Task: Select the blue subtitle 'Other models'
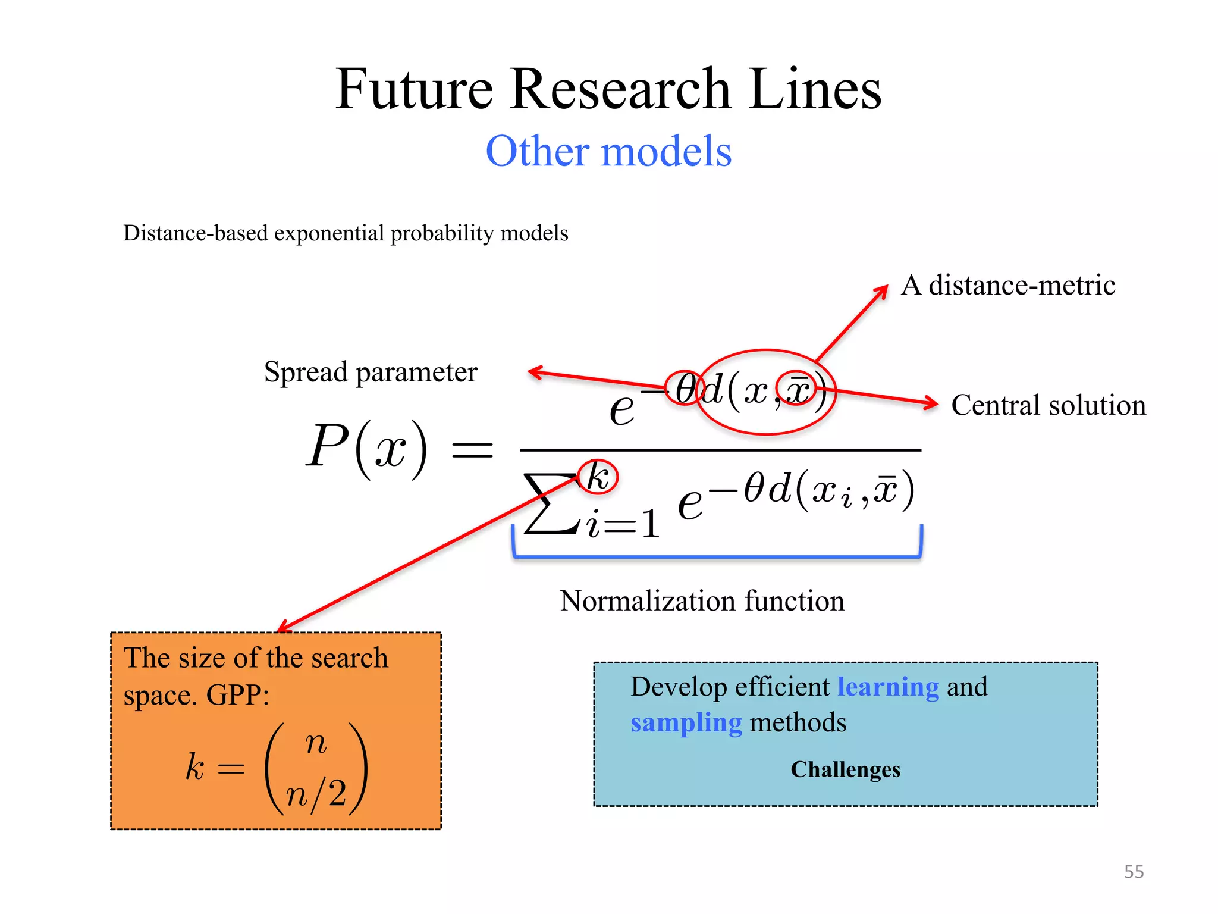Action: click(x=608, y=151)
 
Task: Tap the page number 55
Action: click(x=1134, y=872)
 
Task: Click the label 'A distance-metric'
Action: click(x=1008, y=285)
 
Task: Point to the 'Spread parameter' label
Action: click(x=371, y=373)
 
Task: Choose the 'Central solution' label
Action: click(x=1048, y=405)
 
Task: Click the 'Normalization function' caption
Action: click(x=702, y=601)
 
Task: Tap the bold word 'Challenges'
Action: click(x=845, y=769)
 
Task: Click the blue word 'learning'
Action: click(x=888, y=687)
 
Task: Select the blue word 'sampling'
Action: click(x=686, y=723)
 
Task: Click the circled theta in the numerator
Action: click(x=684, y=389)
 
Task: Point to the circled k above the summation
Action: click(x=598, y=477)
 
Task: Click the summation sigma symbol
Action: click(x=551, y=504)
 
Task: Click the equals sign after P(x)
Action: click(x=473, y=450)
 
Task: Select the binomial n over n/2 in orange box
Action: click(x=316, y=768)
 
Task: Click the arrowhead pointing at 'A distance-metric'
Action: click(x=882, y=291)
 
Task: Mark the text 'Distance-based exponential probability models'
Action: click(x=346, y=233)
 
